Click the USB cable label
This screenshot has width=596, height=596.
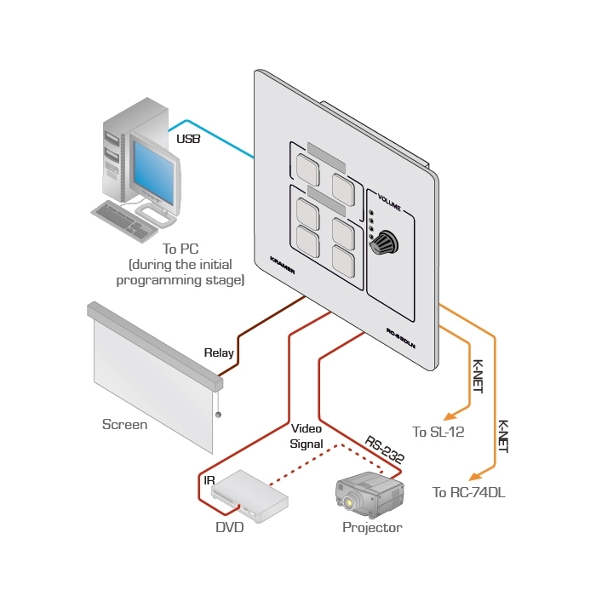[x=188, y=139]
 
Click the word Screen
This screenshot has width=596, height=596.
[x=124, y=424]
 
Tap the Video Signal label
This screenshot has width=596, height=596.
[x=307, y=436]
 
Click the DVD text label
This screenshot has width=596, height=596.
[x=230, y=528]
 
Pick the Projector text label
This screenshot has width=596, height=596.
[x=372, y=528]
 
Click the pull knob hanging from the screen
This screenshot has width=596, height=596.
[x=219, y=415]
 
